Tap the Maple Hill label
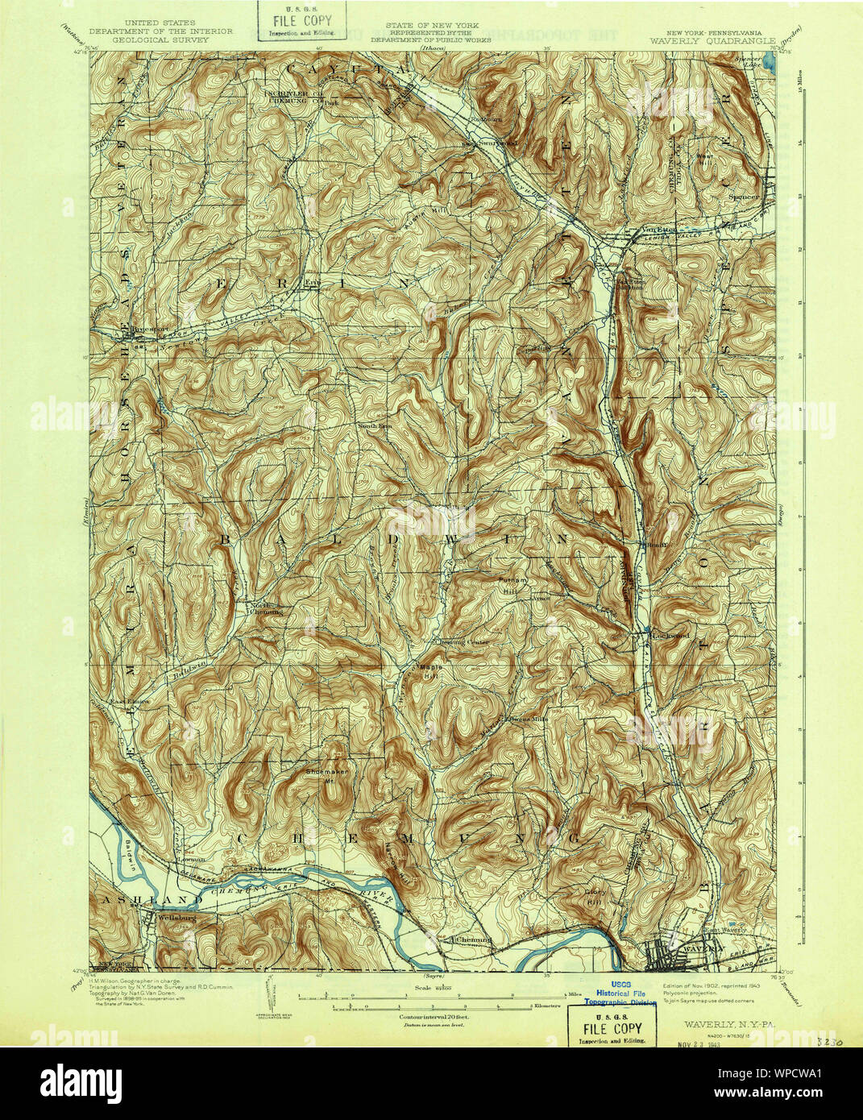tap(429, 671)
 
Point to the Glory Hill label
tap(595, 896)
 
